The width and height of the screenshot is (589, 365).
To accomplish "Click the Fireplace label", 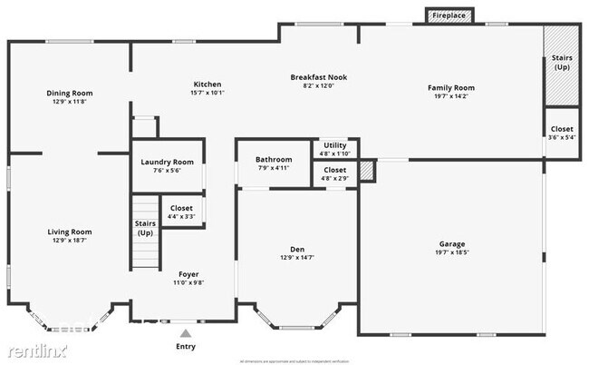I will coord(449,16).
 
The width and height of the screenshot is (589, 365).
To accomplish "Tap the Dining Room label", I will coord(70,93).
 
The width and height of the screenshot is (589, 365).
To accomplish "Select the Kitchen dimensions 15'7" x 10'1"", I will coord(208,93).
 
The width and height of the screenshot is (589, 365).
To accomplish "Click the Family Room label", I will coord(450,88).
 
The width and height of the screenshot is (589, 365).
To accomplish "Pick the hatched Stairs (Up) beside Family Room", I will coord(561,64).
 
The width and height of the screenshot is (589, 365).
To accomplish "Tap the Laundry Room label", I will coord(168,163).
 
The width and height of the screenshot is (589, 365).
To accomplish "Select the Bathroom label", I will coord(274,159).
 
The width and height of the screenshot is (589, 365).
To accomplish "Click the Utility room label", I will coord(334,145).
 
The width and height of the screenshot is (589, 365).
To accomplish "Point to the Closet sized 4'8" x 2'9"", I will coord(334,170).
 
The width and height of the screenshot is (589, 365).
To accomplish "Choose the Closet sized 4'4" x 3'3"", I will coord(181,208).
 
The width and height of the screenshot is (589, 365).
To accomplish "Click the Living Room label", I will coord(70,232).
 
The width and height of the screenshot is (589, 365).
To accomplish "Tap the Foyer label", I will coord(188,274).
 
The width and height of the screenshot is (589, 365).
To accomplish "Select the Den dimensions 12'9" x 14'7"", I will coord(296,258).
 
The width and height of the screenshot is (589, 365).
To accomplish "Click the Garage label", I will coord(452,244).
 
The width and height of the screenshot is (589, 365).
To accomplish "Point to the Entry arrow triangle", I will coord(185,333).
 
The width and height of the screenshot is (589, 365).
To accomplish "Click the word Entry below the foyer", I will coord(185,347).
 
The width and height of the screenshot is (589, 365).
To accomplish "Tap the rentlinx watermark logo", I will coord(34,350).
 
